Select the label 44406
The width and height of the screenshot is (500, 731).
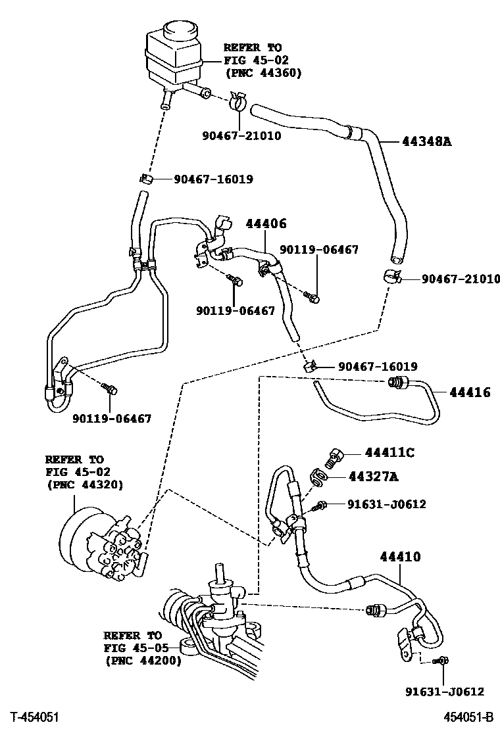266,224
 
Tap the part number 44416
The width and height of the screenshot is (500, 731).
470,392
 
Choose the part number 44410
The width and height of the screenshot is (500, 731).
400,557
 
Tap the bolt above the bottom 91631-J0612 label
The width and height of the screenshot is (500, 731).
442,659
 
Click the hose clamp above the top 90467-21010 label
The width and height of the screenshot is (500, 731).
238,102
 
